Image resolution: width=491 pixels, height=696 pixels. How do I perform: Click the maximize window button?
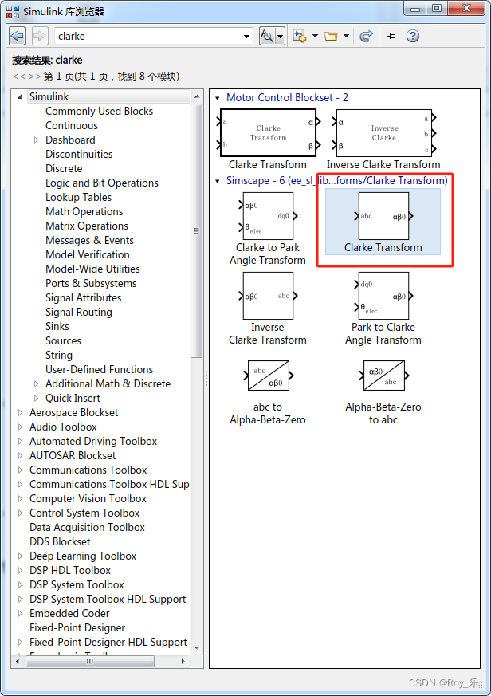click(x=436, y=9)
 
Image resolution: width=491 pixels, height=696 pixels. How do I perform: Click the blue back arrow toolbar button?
click(x=18, y=36)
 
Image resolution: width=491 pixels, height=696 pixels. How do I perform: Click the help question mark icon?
click(x=413, y=36)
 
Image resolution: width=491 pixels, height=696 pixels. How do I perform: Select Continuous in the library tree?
click(x=72, y=125)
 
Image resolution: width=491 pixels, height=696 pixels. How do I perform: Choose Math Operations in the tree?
click(x=84, y=211)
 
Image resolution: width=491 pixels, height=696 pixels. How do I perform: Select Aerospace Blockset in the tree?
click(x=73, y=412)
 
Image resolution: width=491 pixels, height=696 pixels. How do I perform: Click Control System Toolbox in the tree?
click(x=84, y=513)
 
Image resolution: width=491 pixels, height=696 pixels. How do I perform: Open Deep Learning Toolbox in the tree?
click(x=83, y=556)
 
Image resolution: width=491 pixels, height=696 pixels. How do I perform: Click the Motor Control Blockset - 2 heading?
click(x=287, y=97)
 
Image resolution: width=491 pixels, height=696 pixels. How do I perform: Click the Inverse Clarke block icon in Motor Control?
click(x=383, y=133)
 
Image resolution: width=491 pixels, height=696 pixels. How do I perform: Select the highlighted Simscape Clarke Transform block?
click(x=383, y=216)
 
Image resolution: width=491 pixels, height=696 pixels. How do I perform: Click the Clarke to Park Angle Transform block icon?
click(x=268, y=216)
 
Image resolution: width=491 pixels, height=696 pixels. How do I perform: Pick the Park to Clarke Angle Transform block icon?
click(x=383, y=296)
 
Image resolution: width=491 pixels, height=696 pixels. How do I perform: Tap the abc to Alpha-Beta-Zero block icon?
click(x=268, y=376)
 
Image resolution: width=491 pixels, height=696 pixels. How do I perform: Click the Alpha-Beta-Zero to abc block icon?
click(x=383, y=376)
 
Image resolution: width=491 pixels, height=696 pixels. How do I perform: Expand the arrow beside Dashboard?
click(x=37, y=140)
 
